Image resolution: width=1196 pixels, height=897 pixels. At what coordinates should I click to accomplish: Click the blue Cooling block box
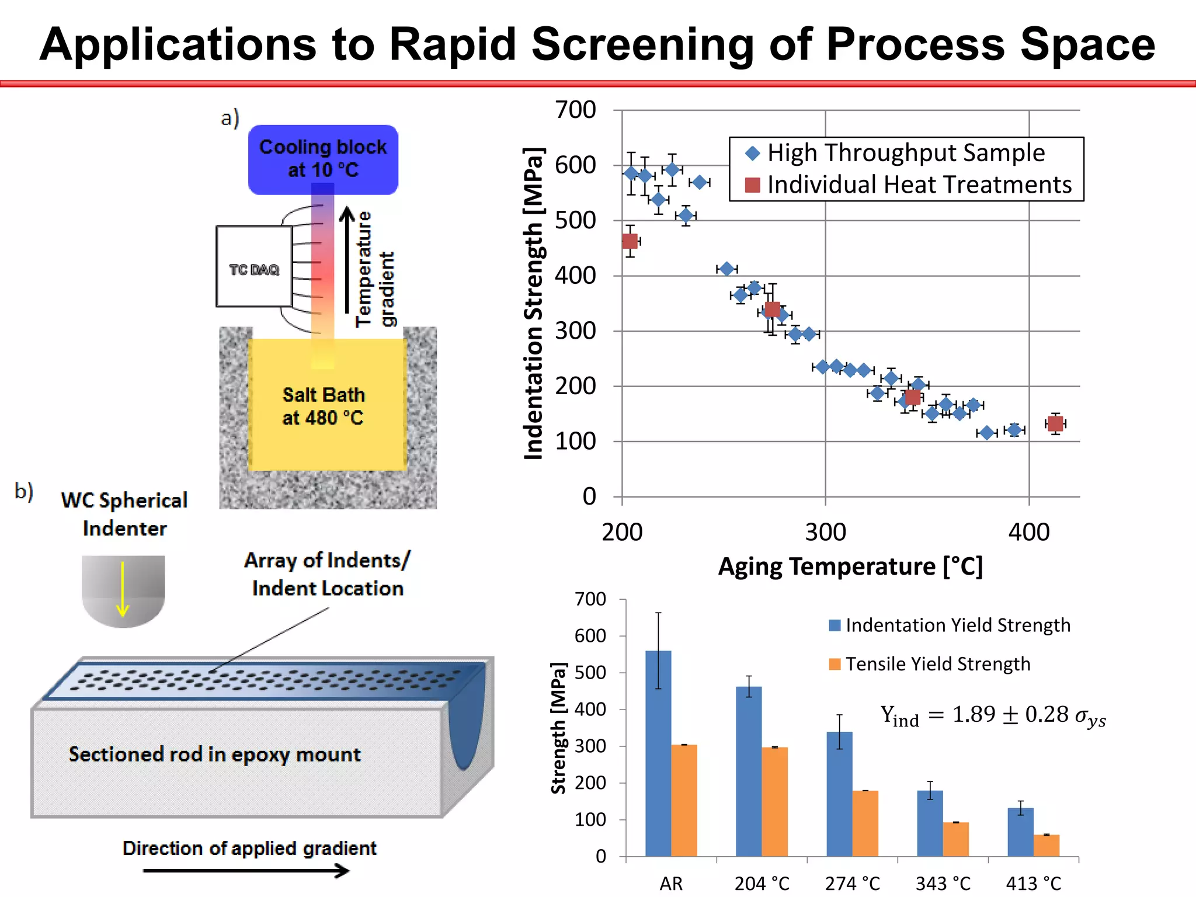[323, 159]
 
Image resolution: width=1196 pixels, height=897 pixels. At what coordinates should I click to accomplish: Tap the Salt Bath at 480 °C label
[324, 406]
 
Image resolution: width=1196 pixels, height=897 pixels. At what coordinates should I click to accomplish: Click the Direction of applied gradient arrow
[245, 871]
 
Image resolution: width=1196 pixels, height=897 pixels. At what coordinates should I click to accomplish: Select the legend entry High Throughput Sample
[905, 153]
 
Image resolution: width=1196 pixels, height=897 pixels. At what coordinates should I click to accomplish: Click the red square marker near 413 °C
[1055, 423]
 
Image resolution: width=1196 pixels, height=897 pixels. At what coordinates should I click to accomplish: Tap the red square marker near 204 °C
[630, 241]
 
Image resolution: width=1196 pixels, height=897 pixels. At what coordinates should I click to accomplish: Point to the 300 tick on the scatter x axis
[825, 532]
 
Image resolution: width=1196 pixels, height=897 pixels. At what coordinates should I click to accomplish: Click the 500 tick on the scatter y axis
[575, 221]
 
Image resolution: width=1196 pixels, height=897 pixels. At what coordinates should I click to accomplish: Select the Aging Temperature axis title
[850, 566]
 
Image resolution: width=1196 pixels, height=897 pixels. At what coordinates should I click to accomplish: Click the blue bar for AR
[658, 753]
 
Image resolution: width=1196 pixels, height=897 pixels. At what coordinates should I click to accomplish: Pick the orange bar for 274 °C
[865, 823]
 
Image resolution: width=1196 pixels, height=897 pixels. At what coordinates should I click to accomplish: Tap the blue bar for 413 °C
[1020, 832]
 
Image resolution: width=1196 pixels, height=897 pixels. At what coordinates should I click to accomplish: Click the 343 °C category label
[943, 884]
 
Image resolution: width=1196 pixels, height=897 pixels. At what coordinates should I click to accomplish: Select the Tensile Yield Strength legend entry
[937, 664]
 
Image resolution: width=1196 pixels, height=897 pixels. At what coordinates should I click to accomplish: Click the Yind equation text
[993, 715]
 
